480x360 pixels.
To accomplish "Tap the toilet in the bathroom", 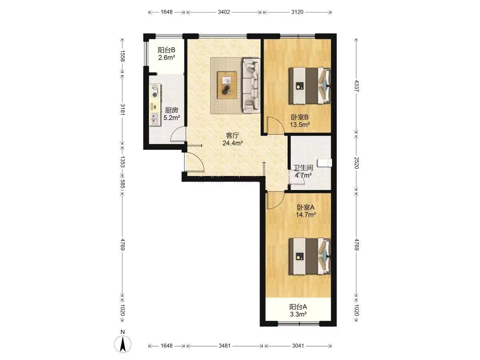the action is (325, 163).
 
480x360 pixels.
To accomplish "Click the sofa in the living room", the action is (251, 86).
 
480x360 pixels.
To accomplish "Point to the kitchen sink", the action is (155, 119).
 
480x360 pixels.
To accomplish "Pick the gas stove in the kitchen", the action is (155, 91).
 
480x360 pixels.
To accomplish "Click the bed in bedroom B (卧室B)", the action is (310, 86).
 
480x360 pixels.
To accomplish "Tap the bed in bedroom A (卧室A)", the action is (310, 256).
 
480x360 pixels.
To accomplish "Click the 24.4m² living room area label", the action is (233, 143).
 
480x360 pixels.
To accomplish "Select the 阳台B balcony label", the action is (166, 50).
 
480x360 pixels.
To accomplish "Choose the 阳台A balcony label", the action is (298, 307).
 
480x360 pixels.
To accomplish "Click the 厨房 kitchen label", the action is (172, 110).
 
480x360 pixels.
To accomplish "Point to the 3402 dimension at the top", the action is (224, 12).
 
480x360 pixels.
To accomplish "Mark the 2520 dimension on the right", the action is (356, 163).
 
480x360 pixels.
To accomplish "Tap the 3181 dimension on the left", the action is (122, 110).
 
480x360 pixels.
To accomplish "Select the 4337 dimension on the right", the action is (356, 86).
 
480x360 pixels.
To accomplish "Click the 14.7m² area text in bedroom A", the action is (306, 215).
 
